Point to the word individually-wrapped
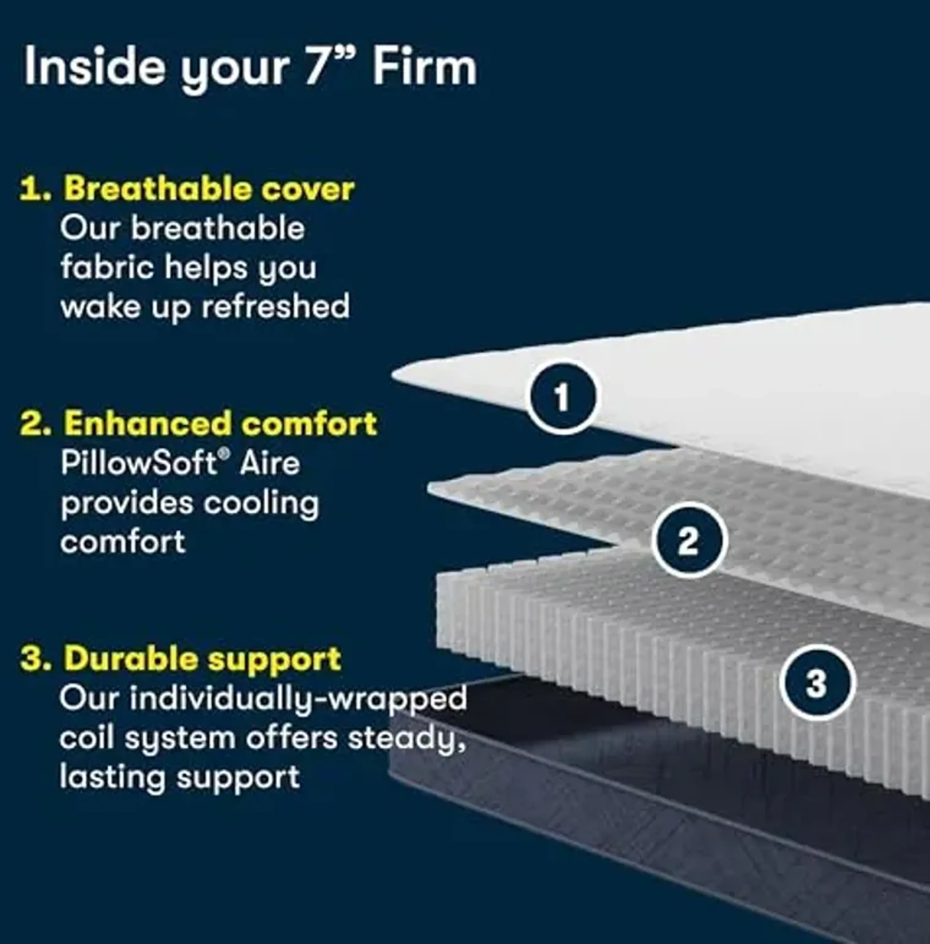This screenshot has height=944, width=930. (x=298, y=699)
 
